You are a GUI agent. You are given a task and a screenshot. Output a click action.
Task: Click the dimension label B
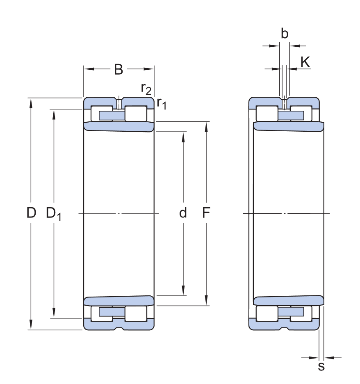[118, 70]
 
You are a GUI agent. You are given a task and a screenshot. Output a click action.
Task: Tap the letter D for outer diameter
[31, 213]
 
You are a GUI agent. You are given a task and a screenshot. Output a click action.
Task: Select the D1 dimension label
[54, 213]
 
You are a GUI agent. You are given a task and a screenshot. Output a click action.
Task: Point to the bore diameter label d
[183, 213]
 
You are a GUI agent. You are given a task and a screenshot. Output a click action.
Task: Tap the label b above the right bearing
[284, 34]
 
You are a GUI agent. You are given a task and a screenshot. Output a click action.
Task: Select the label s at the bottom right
[321, 366]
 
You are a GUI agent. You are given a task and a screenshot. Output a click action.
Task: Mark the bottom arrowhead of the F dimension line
[206, 302]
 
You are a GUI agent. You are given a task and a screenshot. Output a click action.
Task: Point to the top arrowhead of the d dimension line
[183, 136]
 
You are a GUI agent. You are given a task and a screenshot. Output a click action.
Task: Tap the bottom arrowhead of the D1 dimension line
[54, 314]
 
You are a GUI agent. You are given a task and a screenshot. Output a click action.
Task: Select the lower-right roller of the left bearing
[136, 314]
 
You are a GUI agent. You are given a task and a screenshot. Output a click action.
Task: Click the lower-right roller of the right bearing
[301, 314]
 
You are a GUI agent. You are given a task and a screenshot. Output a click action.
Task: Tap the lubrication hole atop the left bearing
[119, 103]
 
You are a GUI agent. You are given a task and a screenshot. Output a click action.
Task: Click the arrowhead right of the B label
[149, 69]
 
